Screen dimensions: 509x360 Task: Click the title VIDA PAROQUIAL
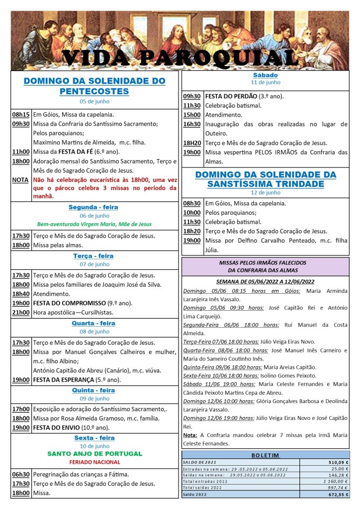[180, 58]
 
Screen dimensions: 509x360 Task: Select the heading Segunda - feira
[94, 207]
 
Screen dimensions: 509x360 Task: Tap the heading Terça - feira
[94, 255]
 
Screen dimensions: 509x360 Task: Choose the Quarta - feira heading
[94, 323]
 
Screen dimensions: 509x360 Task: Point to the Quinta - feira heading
[94, 390]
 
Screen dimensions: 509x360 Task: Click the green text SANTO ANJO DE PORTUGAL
[94, 453]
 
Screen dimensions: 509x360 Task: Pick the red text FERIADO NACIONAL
[94, 462]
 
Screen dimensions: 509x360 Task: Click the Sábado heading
[266, 75]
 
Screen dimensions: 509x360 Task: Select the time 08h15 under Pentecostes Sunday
[21, 114]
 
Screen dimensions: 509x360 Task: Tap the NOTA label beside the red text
[21, 179]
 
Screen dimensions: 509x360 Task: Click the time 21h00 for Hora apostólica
[21, 312]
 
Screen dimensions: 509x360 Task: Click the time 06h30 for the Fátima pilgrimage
[21, 474]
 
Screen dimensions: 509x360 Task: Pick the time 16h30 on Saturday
[192, 124]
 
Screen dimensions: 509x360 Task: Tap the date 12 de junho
[266, 192]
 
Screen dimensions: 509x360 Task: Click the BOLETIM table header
[266, 455]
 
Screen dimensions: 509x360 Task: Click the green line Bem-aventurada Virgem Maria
[94, 224]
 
